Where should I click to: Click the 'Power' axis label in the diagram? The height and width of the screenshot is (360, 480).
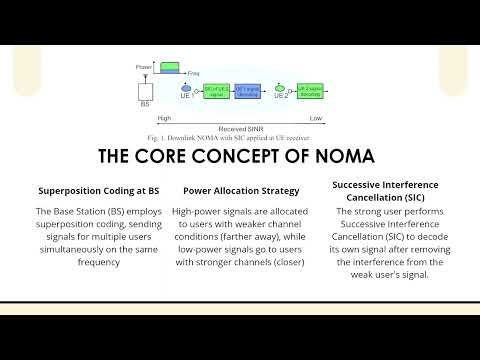click(143, 67)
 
